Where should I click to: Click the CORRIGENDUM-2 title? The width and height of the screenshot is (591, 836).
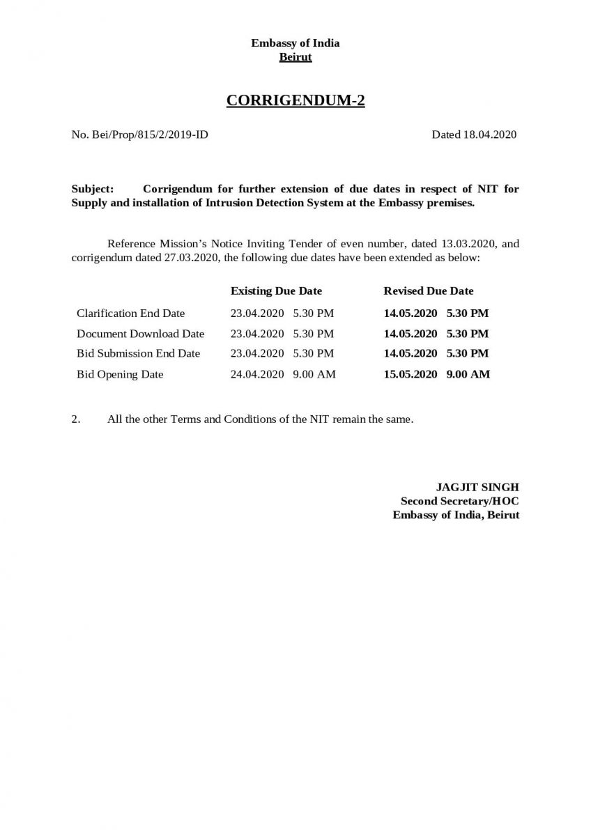[x=295, y=101]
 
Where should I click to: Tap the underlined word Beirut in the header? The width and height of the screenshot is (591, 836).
[x=295, y=57]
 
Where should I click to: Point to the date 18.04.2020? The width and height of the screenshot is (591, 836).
[x=489, y=134]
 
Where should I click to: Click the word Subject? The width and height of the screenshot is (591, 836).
[x=93, y=189]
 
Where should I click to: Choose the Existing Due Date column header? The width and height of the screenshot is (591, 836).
[x=276, y=291]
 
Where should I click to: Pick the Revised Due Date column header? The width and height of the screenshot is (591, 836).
[x=428, y=291]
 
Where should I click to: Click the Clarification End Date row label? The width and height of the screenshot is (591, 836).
[x=130, y=313]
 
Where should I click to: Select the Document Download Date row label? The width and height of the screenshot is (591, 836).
[x=140, y=334]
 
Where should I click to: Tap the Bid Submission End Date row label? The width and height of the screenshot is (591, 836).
[x=138, y=353]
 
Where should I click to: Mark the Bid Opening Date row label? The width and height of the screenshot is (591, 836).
[x=120, y=374]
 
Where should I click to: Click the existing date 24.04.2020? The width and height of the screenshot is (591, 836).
[x=257, y=374]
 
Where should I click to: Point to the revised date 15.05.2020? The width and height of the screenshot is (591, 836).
[x=410, y=374]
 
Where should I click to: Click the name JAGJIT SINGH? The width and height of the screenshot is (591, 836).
[x=477, y=487]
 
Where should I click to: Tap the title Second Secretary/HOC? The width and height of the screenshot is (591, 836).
[x=459, y=501]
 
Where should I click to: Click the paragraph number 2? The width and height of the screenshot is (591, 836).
[x=75, y=420]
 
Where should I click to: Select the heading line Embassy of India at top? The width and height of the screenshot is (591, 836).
[x=295, y=43]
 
